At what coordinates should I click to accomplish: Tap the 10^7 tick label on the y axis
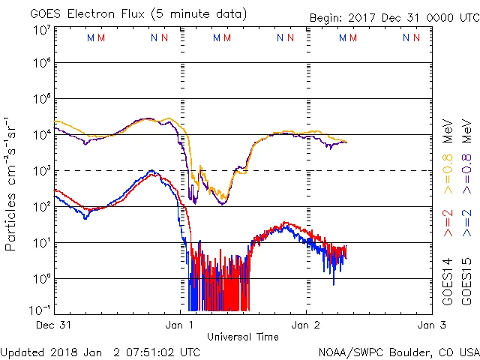[42, 30]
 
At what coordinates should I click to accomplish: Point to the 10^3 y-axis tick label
[42, 171]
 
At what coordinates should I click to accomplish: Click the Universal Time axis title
[243, 337]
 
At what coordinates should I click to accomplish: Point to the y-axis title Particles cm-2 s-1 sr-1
[11, 184]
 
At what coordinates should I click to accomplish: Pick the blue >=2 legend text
[465, 224]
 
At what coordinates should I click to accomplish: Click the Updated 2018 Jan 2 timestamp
[100, 351]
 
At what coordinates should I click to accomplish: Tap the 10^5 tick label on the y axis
[42, 100]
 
